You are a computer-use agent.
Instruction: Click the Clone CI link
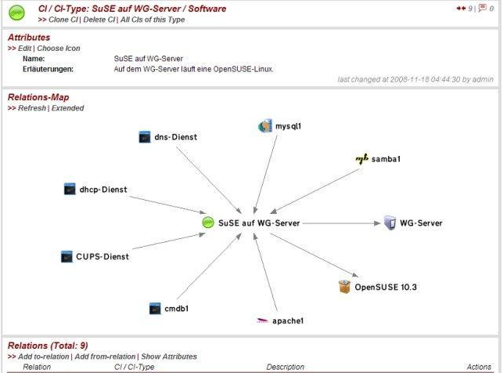pos(63,20)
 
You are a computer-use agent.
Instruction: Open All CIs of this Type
pos(153,20)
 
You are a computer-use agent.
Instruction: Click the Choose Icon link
pos(59,48)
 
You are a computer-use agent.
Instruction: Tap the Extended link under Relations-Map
pos(68,108)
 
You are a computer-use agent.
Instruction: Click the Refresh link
pos(32,108)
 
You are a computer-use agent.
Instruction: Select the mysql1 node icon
pos(265,126)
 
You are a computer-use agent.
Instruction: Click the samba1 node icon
pos(362,159)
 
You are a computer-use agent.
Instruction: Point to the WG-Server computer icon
pos(390,223)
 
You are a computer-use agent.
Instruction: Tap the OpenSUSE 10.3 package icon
pos(344,287)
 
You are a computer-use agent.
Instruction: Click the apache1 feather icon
pos(262,320)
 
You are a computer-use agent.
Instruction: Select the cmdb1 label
pos(177,309)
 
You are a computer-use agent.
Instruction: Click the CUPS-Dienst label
pos(102,257)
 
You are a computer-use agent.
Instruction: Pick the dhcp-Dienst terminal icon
pos(70,189)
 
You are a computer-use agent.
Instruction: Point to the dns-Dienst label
pos(176,137)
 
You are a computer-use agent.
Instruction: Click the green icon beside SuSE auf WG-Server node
pos(208,223)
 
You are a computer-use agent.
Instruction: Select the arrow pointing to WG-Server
pos(341,223)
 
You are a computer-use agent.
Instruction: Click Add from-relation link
pos(105,357)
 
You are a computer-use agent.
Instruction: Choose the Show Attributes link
pos(169,357)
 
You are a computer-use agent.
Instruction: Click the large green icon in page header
pos(16,13)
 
